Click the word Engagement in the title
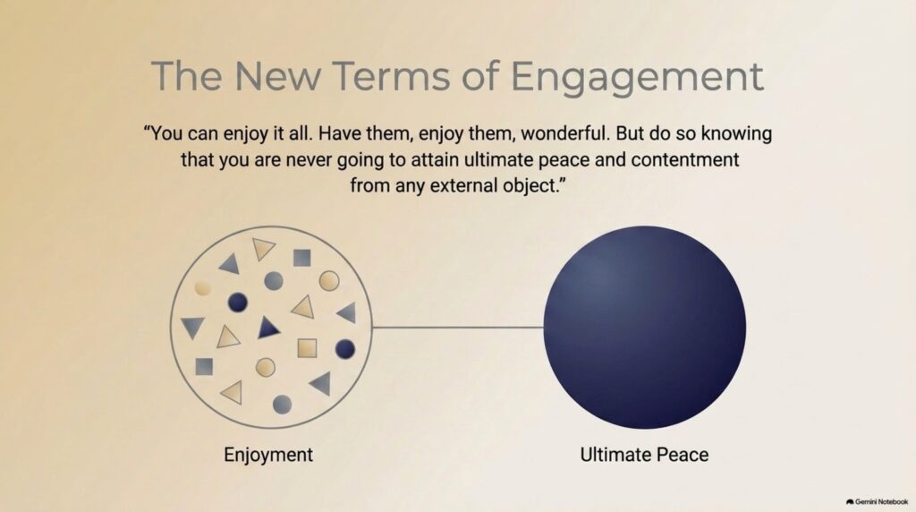click(637, 78)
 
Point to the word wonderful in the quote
click(565, 133)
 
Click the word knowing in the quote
click(736, 134)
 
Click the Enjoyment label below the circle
click(268, 455)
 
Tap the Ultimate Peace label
click(644, 455)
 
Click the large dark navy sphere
click(644, 328)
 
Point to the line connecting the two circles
click(458, 328)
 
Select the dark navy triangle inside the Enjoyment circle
click(267, 329)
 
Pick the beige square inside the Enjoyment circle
click(307, 348)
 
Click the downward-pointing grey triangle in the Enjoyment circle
click(192, 328)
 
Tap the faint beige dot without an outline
click(202, 287)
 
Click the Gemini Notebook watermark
click(877, 501)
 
